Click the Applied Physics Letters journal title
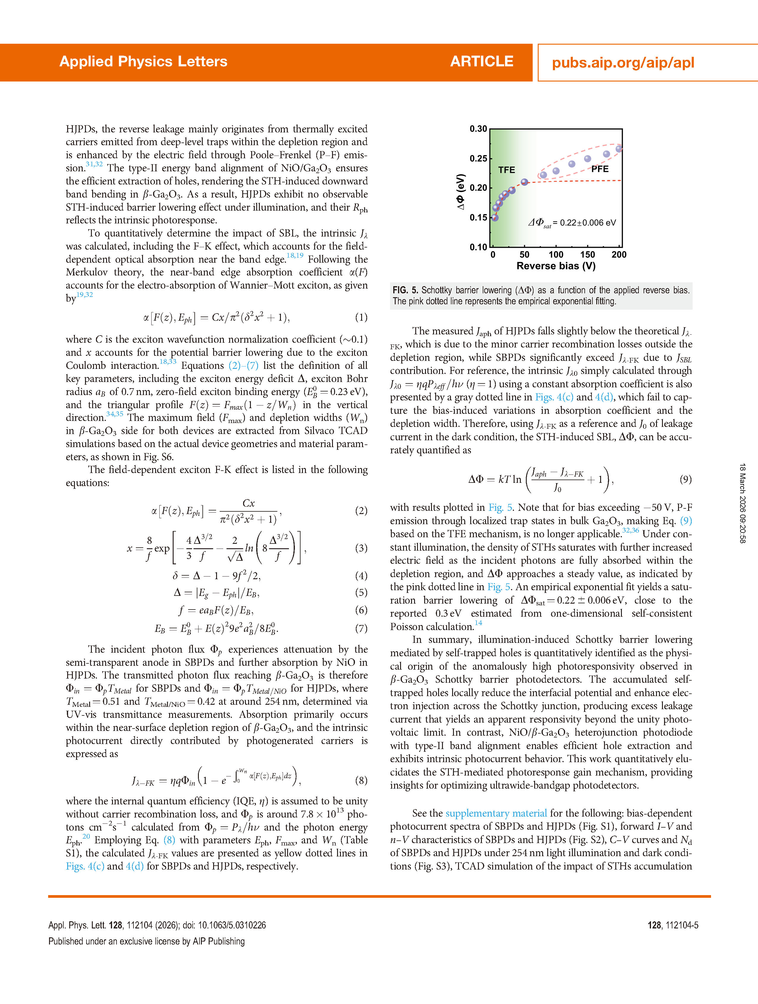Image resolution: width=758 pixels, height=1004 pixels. [143, 62]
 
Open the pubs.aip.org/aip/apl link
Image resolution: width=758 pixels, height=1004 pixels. [623, 63]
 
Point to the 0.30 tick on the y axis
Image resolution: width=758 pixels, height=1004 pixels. [478, 129]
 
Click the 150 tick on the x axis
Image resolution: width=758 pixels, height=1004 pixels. [587, 255]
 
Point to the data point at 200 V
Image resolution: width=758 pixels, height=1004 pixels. [619, 149]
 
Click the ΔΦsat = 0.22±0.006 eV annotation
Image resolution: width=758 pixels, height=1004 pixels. [572, 223]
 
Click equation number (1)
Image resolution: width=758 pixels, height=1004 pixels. [361, 317]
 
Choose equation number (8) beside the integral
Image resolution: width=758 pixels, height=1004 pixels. [361, 780]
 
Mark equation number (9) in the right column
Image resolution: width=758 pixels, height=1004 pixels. [685, 479]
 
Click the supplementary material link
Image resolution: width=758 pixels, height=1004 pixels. [496, 813]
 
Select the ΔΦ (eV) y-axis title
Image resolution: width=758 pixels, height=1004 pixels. [460, 192]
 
